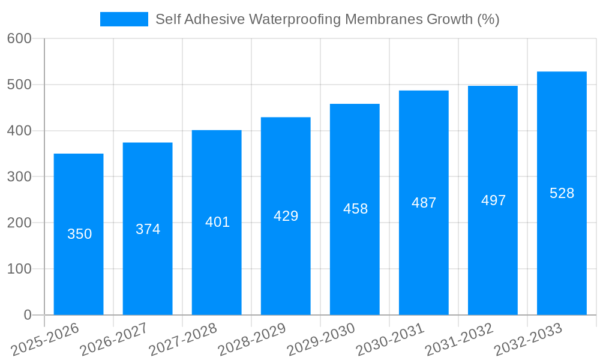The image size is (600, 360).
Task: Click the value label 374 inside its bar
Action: tap(148, 229)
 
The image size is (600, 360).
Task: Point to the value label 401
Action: tap(217, 222)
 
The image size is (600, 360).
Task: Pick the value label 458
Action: tap(355, 209)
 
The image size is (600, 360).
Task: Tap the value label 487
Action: tap(424, 203)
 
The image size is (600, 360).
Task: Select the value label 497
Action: tap(493, 200)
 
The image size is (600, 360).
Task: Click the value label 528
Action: tap(562, 193)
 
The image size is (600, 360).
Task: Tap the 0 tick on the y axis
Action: tap(28, 315)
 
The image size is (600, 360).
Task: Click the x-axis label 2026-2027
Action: tap(114, 340)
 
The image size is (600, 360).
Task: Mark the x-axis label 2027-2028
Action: tap(183, 340)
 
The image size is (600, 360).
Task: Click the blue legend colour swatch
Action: tap(124, 19)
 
